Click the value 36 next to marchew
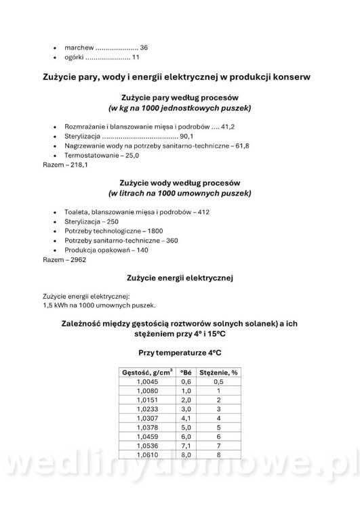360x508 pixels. point(144,48)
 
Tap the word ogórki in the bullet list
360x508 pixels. point(75,58)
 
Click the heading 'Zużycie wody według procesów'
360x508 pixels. point(180,183)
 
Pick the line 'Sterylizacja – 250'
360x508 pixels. point(92,221)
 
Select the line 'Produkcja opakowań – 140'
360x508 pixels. point(106,250)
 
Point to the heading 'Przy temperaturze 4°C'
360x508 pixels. point(180,353)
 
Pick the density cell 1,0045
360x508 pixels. point(147,381)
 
